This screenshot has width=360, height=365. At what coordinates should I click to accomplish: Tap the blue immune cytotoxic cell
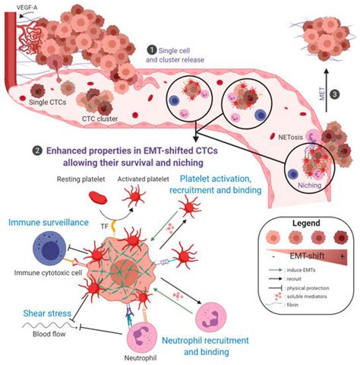[x=43, y=251]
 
